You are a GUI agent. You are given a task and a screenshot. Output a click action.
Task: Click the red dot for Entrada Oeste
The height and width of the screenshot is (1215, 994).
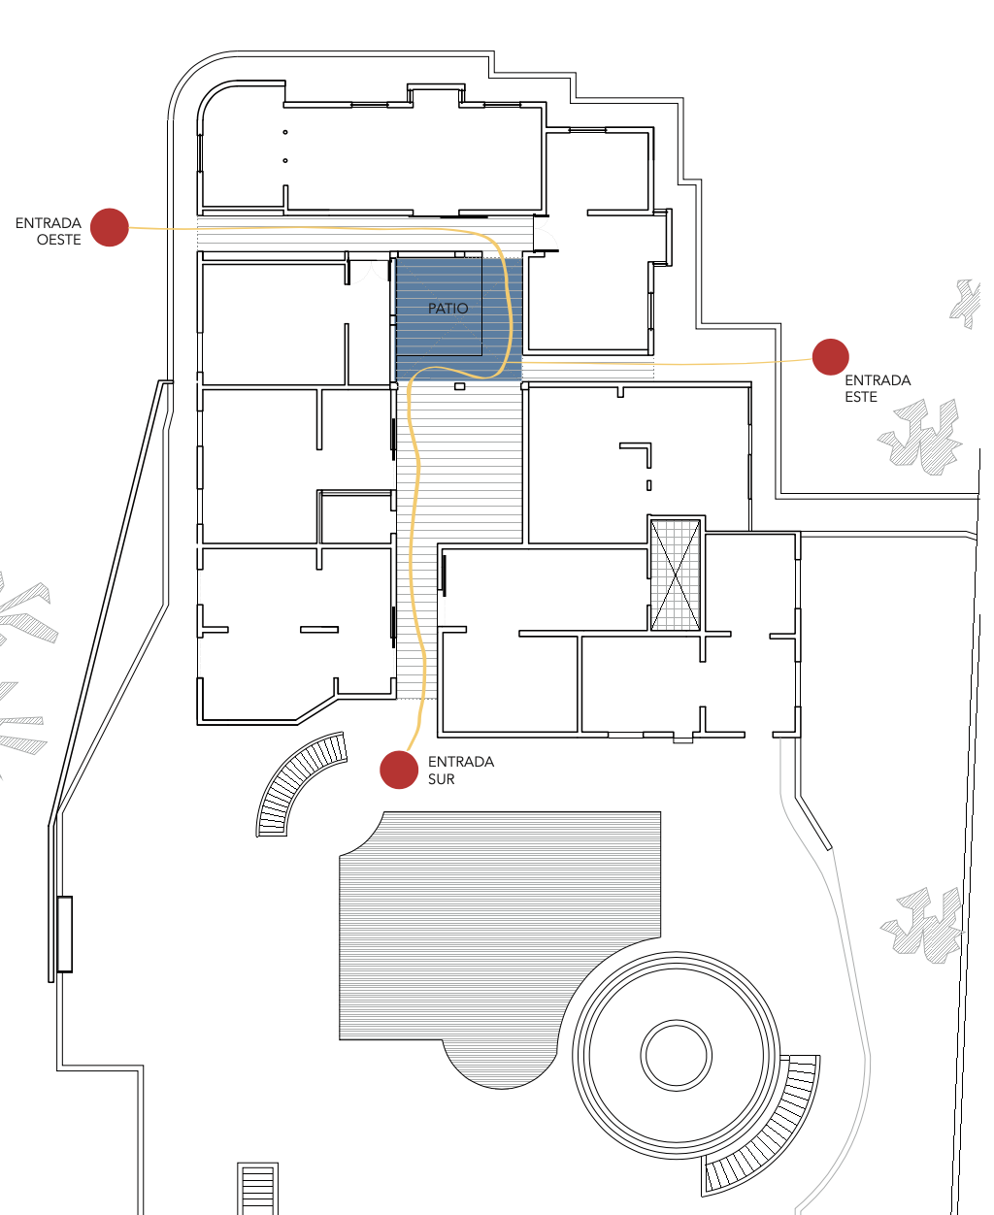click(109, 227)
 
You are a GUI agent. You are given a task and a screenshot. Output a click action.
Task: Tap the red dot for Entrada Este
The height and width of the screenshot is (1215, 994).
click(830, 356)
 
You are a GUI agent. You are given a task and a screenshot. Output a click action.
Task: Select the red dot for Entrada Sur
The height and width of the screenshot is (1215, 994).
click(399, 770)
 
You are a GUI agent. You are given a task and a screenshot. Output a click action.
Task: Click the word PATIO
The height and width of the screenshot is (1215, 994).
click(447, 309)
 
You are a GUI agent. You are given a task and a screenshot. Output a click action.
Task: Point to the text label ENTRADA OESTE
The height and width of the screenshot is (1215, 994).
click(49, 231)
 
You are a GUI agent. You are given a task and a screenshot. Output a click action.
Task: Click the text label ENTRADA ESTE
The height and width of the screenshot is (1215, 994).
click(878, 388)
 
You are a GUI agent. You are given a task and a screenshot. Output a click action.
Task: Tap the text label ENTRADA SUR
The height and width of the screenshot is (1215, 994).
click(461, 771)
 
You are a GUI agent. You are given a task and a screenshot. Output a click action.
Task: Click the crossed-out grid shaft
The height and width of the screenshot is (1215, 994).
click(676, 575)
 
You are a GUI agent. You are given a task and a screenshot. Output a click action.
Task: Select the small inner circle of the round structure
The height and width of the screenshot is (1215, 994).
click(676, 1056)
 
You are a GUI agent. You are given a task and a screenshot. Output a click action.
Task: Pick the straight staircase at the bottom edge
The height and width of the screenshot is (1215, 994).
click(257, 1188)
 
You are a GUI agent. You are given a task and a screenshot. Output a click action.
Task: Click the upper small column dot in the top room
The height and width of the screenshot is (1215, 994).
click(285, 133)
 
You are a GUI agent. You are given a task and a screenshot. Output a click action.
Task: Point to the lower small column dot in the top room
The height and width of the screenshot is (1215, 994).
click(285, 161)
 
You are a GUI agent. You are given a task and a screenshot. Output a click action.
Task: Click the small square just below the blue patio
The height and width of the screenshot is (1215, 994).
click(459, 386)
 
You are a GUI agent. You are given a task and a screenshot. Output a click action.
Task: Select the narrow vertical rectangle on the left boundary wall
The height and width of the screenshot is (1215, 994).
click(64, 934)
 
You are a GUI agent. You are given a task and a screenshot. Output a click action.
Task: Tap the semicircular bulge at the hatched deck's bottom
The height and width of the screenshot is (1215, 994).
click(500, 1065)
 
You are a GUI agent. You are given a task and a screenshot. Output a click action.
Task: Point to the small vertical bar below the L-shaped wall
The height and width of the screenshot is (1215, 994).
click(648, 485)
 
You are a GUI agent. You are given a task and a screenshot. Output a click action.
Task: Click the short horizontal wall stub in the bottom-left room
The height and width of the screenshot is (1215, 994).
click(319, 630)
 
